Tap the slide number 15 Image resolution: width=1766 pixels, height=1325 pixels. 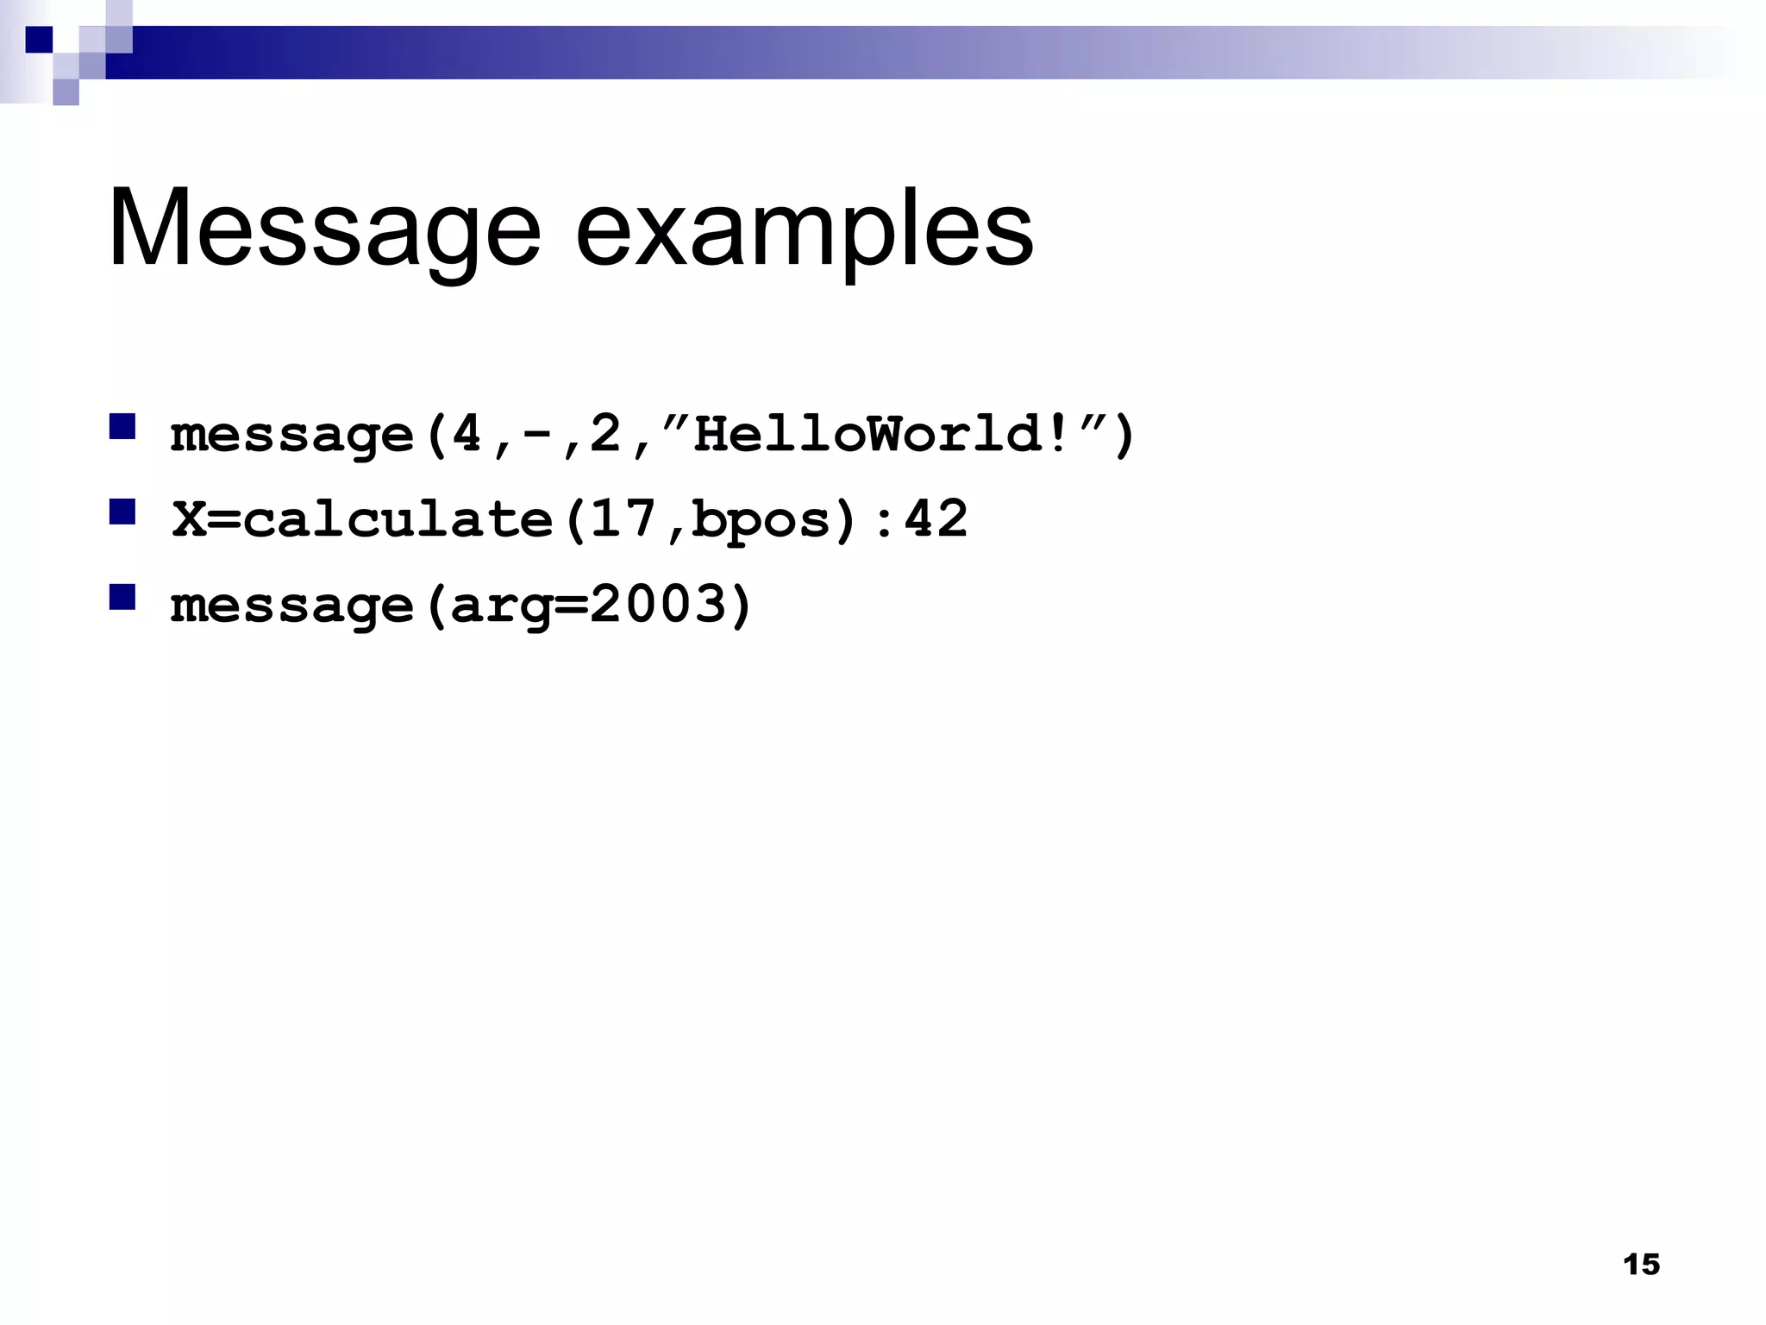pyautogui.click(x=1641, y=1265)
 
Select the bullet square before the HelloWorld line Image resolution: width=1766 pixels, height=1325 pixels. pyautogui.click(x=122, y=427)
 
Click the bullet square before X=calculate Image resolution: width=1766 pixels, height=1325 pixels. pyautogui.click(x=122, y=512)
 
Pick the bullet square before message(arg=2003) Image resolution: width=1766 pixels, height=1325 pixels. pyautogui.click(x=122, y=597)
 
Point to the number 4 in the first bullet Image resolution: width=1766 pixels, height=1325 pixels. pyautogui.click(x=466, y=433)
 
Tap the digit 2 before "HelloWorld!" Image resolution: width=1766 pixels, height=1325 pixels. pyautogui.click(x=605, y=433)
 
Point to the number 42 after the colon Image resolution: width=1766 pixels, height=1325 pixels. pyautogui.click(x=936, y=519)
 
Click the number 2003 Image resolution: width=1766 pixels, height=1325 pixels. pyautogui.click(x=659, y=604)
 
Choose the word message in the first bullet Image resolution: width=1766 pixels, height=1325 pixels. pyautogui.click(x=291, y=435)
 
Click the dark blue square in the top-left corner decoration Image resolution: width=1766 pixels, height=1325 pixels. pyautogui.click(x=39, y=40)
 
